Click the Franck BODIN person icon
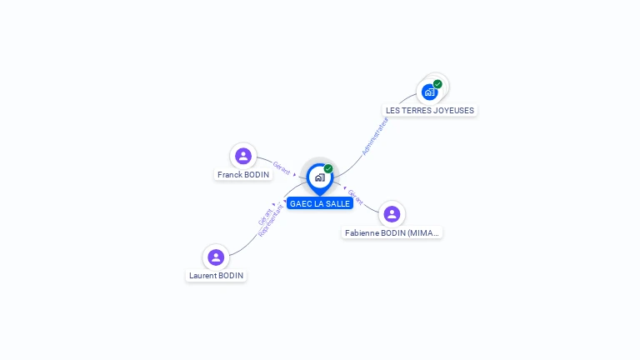coord(243,156)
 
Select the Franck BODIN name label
coord(243,175)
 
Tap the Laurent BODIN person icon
coord(216,257)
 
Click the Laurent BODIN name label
coord(216,276)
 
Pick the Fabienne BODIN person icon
coord(392,214)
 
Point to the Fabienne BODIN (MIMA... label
coord(392,233)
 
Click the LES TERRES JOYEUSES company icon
coord(430,92)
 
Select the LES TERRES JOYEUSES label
coord(430,111)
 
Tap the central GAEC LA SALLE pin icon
coord(319,177)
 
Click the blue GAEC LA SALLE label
coord(320,204)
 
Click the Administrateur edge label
coord(375,136)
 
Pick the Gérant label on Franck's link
coord(282,167)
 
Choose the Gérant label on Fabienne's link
coord(356,197)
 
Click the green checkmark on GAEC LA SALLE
coord(328,168)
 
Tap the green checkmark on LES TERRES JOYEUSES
coord(437,84)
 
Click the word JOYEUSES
coord(454,111)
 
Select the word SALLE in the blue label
coord(337,204)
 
